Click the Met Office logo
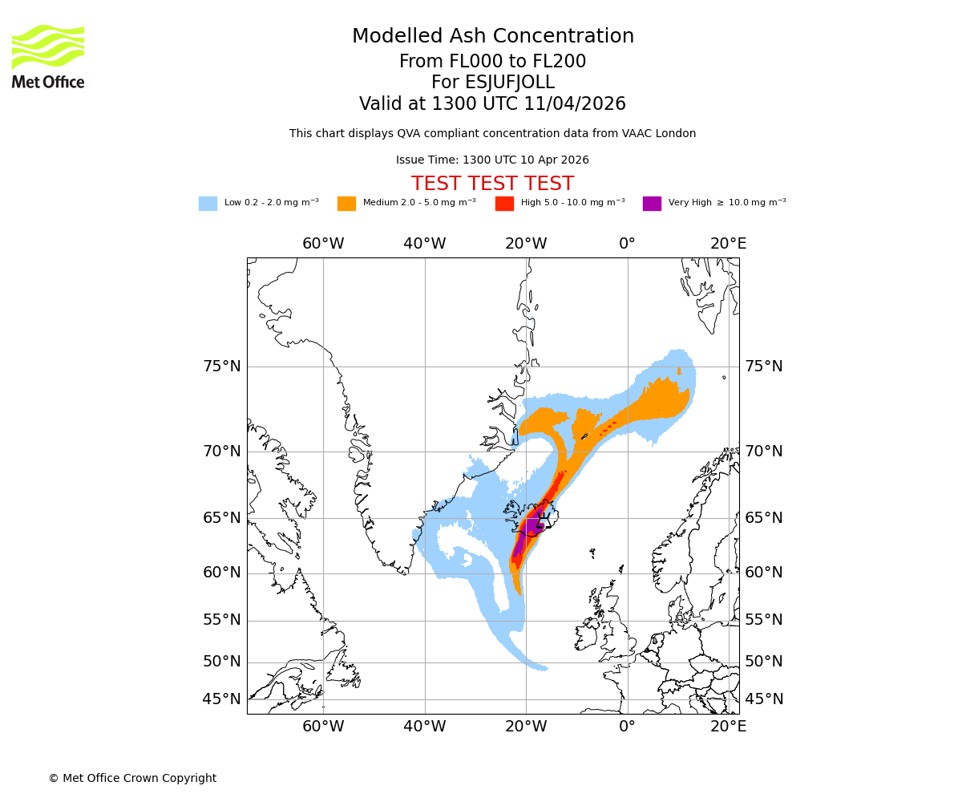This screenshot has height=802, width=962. [x=48, y=56]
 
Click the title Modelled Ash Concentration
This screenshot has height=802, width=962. [x=493, y=36]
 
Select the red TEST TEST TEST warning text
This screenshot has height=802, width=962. [x=492, y=184]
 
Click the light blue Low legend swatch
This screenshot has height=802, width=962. [x=208, y=203]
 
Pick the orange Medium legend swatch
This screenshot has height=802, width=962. [x=346, y=203]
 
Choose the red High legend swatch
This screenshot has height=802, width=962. [x=504, y=203]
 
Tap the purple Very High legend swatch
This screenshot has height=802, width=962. [x=652, y=203]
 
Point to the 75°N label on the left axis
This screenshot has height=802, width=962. [x=221, y=367]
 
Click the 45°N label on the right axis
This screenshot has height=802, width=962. [x=764, y=699]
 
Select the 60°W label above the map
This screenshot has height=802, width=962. [x=323, y=244]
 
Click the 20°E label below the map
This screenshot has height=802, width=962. [x=728, y=727]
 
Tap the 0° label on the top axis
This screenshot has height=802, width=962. [x=627, y=244]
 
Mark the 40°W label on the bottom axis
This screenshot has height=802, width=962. [x=424, y=727]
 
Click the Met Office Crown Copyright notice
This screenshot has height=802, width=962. [x=132, y=778]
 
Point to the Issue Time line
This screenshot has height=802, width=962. [x=492, y=160]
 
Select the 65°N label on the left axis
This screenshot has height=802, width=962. [x=221, y=518]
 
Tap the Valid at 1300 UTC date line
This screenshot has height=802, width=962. [x=492, y=104]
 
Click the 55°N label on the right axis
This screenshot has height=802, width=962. [x=764, y=620]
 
